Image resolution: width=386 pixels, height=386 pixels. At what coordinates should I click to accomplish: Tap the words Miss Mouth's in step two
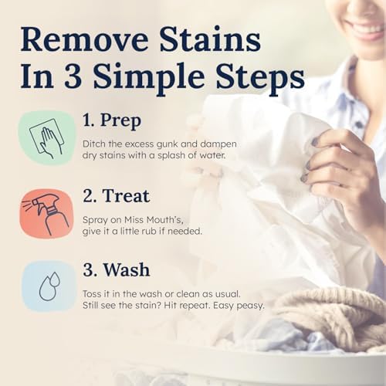[151, 218]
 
